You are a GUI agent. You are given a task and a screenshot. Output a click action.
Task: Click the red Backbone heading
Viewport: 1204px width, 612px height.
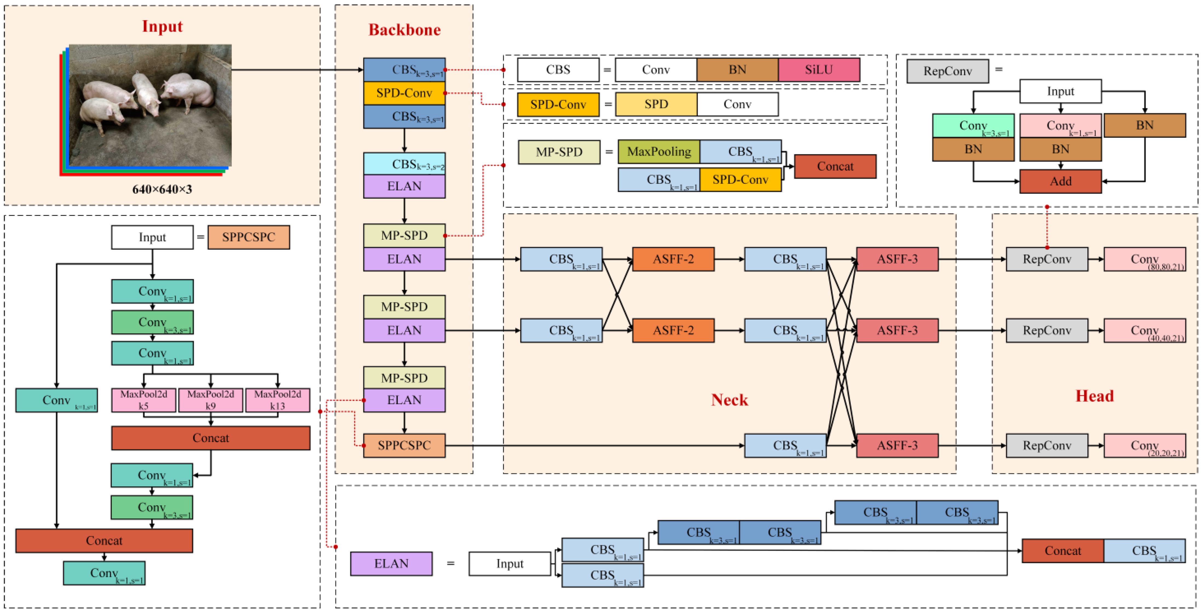coord(404,30)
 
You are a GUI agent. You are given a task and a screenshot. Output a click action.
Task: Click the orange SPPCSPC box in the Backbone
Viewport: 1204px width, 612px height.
coord(404,445)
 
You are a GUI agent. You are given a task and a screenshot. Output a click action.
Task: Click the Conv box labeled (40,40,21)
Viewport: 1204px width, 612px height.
coord(1144,331)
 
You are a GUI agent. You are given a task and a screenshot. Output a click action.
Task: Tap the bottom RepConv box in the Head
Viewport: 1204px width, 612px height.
coord(1047,445)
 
